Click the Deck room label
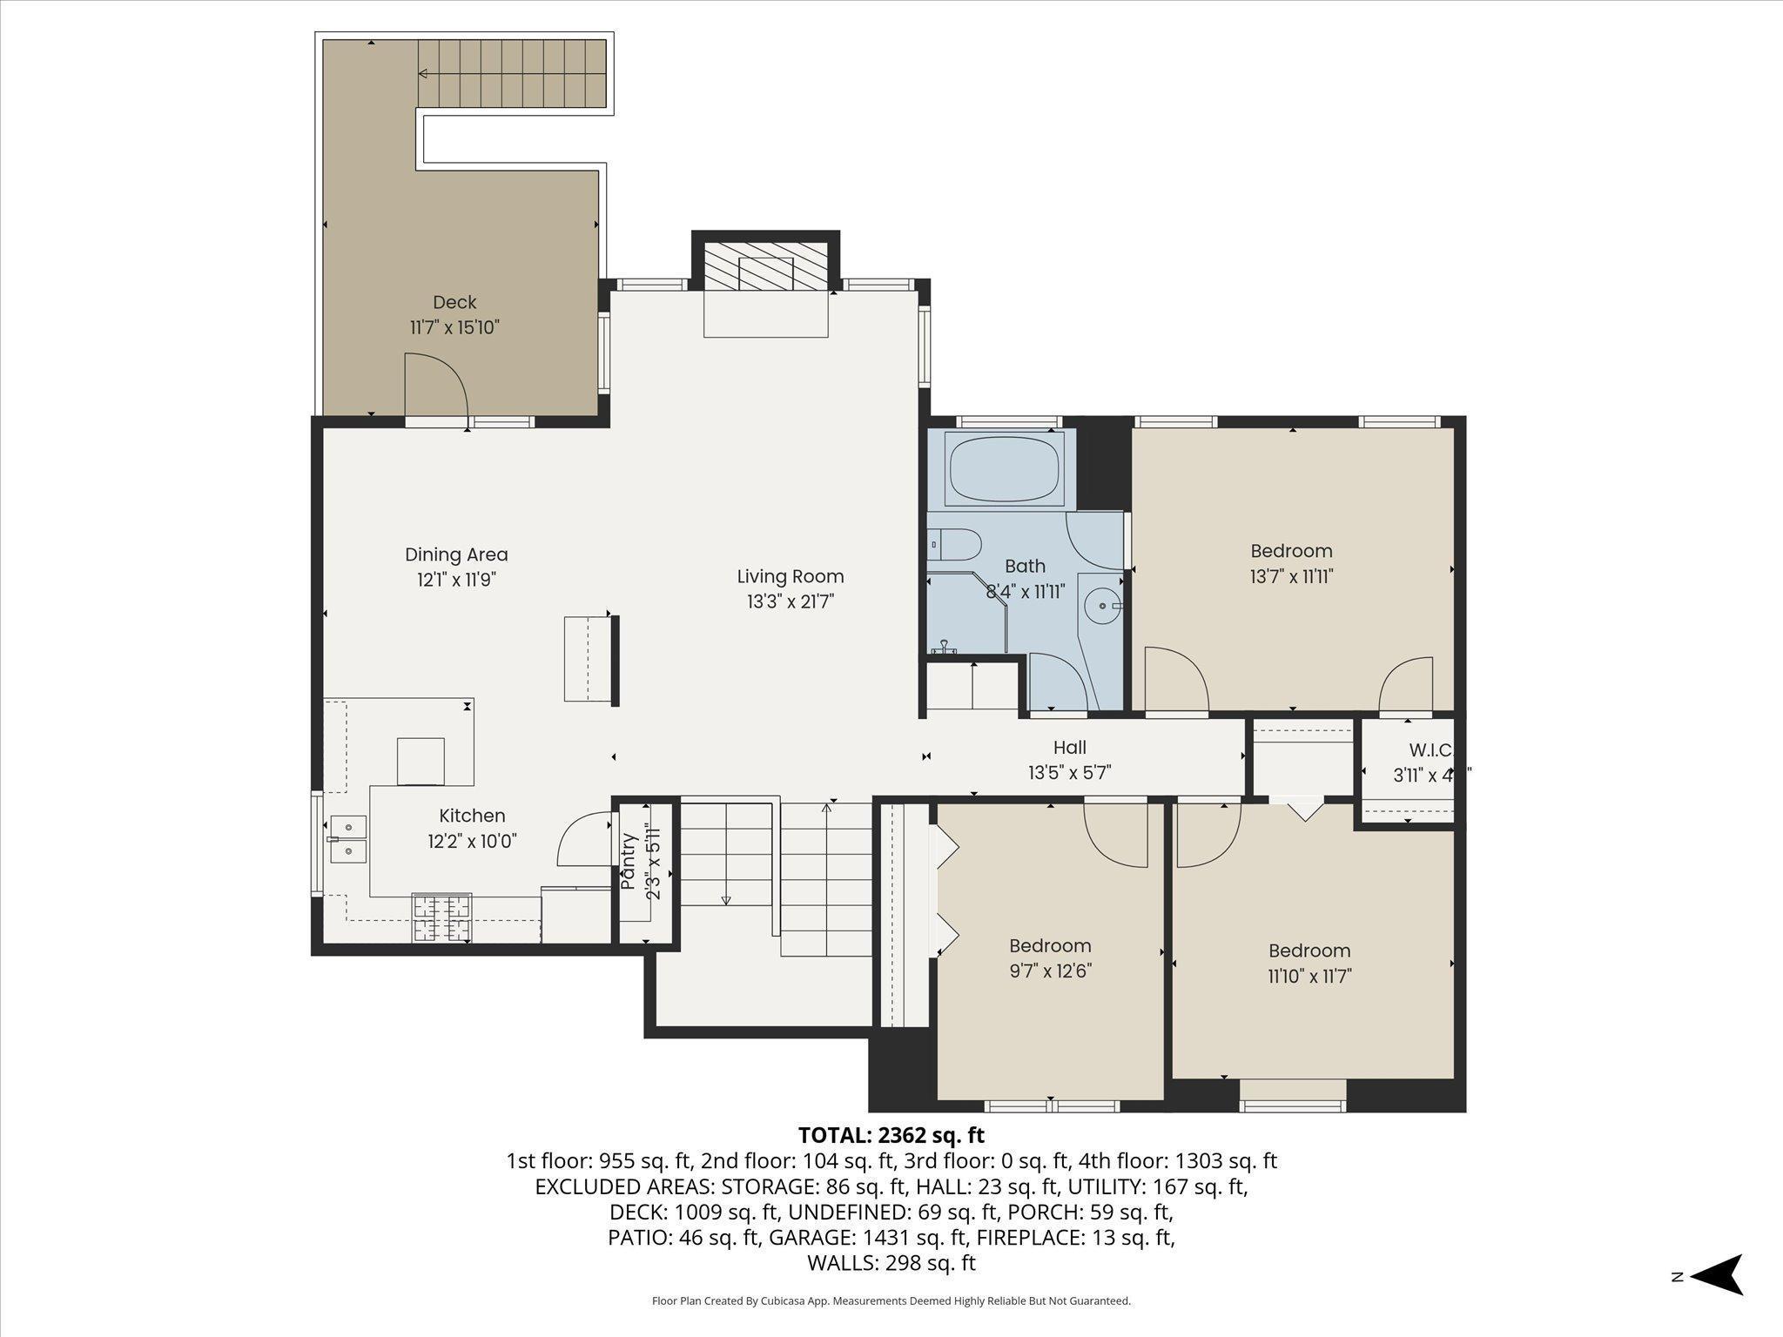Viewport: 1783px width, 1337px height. tap(454, 302)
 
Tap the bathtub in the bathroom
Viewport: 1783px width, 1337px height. tap(1005, 469)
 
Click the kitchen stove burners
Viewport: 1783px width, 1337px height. tap(441, 918)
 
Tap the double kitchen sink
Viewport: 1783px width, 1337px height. tap(348, 838)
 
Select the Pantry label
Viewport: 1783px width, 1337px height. tap(627, 862)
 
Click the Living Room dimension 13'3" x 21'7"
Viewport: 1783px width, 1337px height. tap(791, 601)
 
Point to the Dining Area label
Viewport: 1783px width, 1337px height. tap(456, 554)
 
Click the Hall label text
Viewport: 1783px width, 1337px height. tap(1070, 747)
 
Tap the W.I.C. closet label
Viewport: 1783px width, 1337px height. tap(1430, 749)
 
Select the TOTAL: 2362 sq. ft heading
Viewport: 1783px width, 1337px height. tap(891, 1135)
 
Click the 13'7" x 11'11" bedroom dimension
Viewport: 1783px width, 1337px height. tap(1292, 576)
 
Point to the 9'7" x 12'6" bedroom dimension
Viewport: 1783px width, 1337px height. tap(1050, 971)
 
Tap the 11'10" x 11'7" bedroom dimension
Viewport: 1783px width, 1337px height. tap(1309, 976)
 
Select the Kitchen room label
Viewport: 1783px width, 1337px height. tap(472, 816)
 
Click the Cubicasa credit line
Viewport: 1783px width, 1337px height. tap(891, 1301)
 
